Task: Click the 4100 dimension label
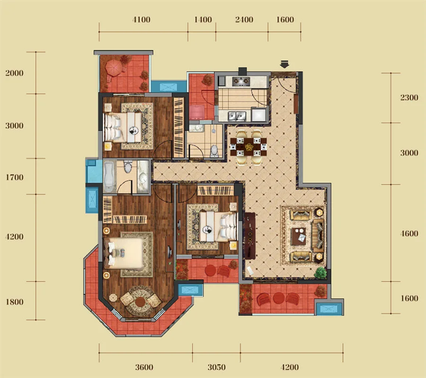(x=141, y=20)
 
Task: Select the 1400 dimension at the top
(x=203, y=20)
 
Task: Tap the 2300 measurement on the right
(x=409, y=97)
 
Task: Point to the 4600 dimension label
(x=409, y=233)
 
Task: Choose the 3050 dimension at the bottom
(x=216, y=368)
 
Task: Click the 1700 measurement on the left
(x=14, y=178)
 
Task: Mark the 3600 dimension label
(x=144, y=368)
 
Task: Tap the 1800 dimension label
(x=14, y=302)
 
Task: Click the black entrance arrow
(x=284, y=64)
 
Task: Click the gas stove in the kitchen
(x=240, y=81)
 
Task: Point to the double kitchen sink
(x=237, y=116)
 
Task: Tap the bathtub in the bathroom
(x=109, y=177)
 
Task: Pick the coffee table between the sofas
(x=299, y=236)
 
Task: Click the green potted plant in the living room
(x=320, y=273)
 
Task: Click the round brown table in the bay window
(x=140, y=302)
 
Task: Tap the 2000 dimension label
(x=14, y=73)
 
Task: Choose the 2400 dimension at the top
(x=244, y=20)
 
